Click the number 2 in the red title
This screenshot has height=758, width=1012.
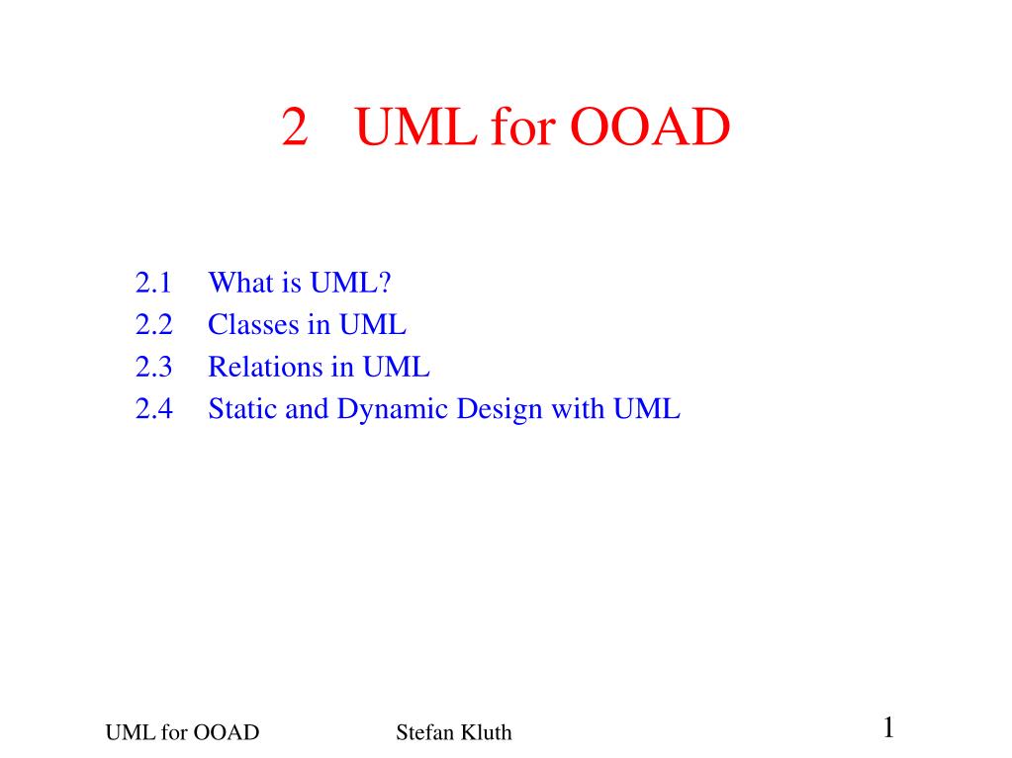tap(293, 127)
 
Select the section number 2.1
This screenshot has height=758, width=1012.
tap(153, 284)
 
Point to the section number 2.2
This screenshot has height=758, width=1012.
tap(153, 325)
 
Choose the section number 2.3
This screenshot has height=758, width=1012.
tap(153, 368)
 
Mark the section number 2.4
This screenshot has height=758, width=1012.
tap(153, 409)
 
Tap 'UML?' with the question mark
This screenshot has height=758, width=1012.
tap(350, 284)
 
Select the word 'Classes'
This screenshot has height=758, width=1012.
tap(247, 325)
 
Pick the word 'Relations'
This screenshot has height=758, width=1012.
tap(256, 368)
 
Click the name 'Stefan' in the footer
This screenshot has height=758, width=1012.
tap(419, 732)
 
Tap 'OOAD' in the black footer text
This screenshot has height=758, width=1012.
tap(226, 732)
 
